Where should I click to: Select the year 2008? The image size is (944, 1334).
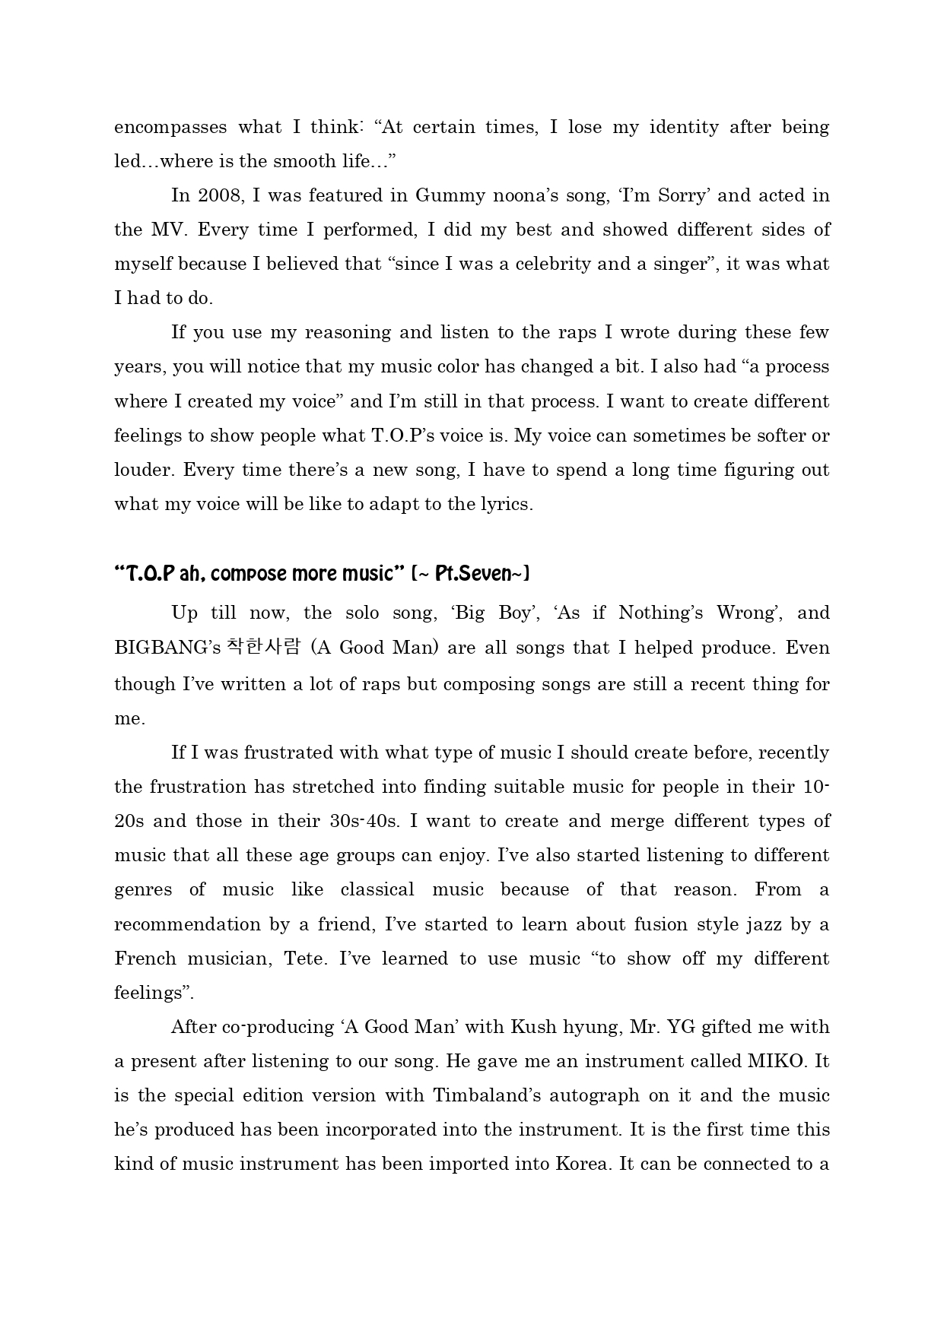[219, 195]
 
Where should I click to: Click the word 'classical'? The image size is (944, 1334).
[377, 889]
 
